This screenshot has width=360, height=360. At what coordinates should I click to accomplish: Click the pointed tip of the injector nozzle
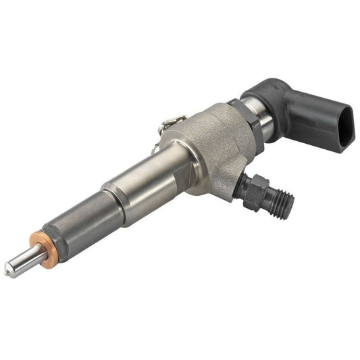[8, 272]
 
